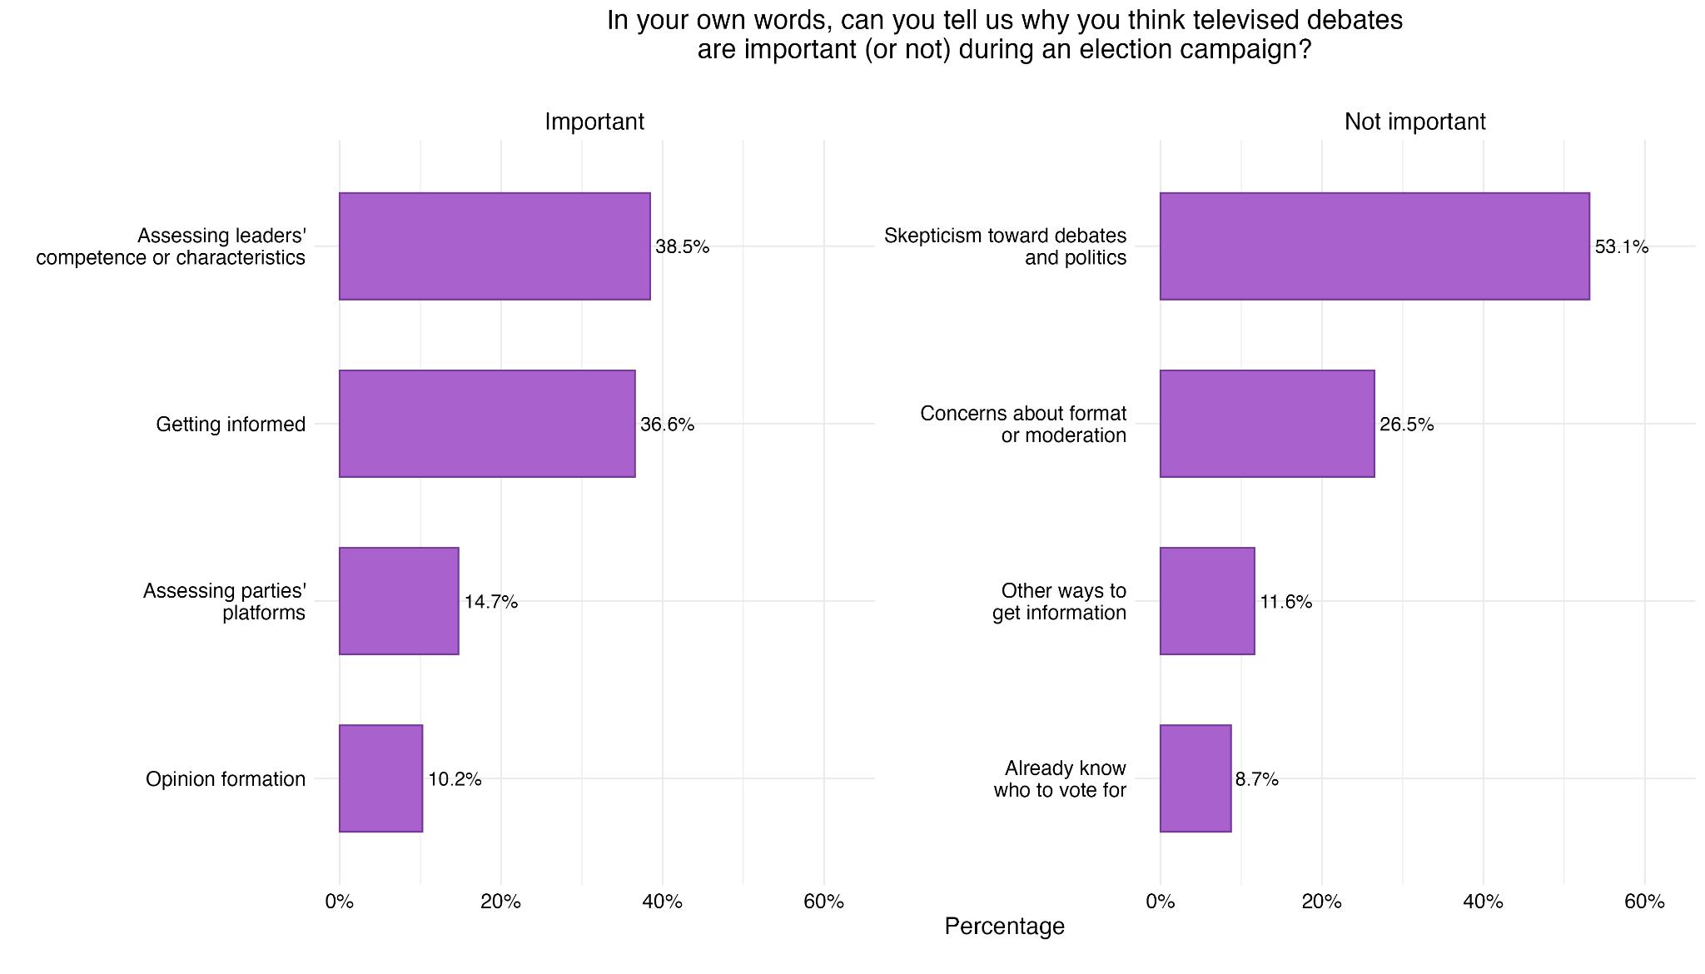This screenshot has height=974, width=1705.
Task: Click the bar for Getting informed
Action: [487, 424]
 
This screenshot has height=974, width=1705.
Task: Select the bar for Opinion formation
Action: [380, 778]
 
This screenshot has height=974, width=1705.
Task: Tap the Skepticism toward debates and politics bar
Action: [1374, 246]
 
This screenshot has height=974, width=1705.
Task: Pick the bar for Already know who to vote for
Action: [1195, 778]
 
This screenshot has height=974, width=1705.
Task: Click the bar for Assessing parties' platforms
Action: [399, 601]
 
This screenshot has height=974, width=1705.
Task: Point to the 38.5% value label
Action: [682, 247]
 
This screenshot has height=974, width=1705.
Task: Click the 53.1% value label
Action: [1621, 247]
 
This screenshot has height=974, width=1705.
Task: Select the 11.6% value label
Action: [1285, 602]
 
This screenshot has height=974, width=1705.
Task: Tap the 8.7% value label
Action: [1256, 779]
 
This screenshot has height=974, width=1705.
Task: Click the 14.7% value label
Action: [490, 602]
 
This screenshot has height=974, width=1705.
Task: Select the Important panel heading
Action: [594, 122]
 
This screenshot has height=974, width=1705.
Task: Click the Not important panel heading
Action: [1414, 122]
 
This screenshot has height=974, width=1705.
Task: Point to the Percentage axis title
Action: [1004, 926]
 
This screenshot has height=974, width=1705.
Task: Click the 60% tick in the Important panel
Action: [823, 902]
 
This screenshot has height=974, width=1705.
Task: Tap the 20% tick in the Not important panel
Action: [1321, 902]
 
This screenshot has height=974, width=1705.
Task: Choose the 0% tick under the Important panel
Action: [339, 902]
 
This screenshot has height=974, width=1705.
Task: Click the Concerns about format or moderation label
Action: [1023, 425]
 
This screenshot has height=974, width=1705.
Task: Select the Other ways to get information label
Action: [1059, 602]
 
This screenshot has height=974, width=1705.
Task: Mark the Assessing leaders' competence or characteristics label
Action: [171, 246]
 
